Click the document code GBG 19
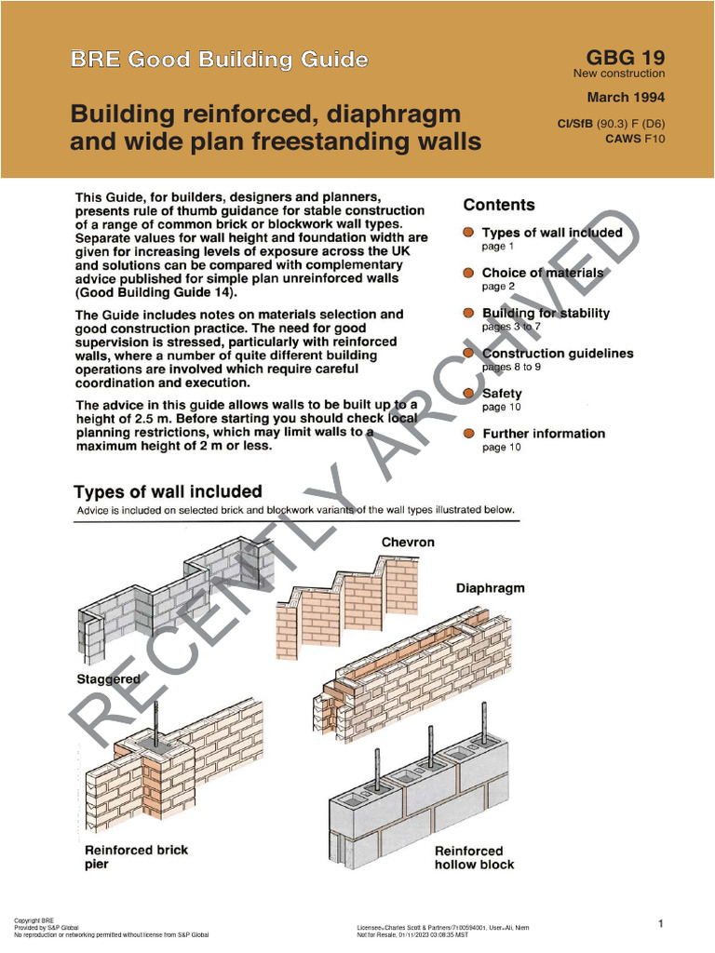coord(625,57)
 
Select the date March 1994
coord(626,97)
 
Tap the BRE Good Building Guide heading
coord(220,60)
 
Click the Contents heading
coord(499,205)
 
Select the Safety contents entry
coord(502,394)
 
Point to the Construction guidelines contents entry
coord(557,354)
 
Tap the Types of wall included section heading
coord(168,491)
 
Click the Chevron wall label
coord(408,542)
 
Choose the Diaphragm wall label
coord(490,588)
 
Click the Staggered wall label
coord(108,679)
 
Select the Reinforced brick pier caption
coord(136,856)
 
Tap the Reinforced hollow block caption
coord(474,857)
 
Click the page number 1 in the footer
coord(660,923)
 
